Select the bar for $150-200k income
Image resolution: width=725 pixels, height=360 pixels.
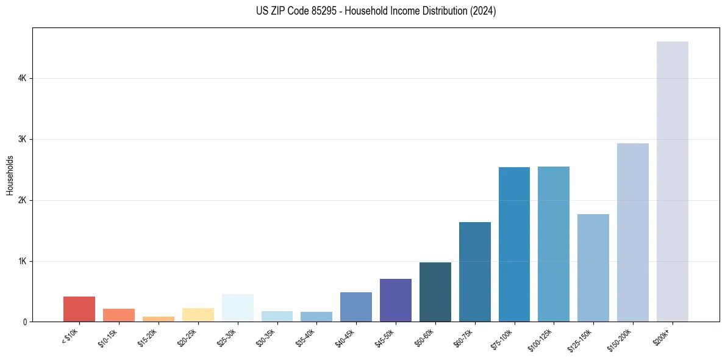[x=632, y=232]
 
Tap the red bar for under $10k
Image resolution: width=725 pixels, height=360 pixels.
[x=79, y=309]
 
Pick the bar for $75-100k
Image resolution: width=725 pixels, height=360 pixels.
[x=514, y=245]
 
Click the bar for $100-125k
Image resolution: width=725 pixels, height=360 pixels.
[x=554, y=244]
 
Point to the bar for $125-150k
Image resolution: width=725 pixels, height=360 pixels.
[x=593, y=268]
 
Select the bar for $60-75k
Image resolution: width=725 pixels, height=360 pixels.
[x=474, y=272]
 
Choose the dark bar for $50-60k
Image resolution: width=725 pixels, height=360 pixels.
[x=435, y=292]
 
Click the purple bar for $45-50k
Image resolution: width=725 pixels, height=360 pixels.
[x=396, y=300]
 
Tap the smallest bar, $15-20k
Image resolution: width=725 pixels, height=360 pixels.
[x=158, y=319]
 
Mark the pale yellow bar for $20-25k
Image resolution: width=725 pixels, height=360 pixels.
[x=198, y=315]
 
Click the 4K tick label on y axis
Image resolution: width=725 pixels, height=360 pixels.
[x=22, y=79]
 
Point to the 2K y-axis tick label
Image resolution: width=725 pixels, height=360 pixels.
[x=22, y=201]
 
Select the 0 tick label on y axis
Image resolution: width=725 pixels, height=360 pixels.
[x=24, y=322]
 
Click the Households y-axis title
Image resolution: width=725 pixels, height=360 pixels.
[x=10, y=175]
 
